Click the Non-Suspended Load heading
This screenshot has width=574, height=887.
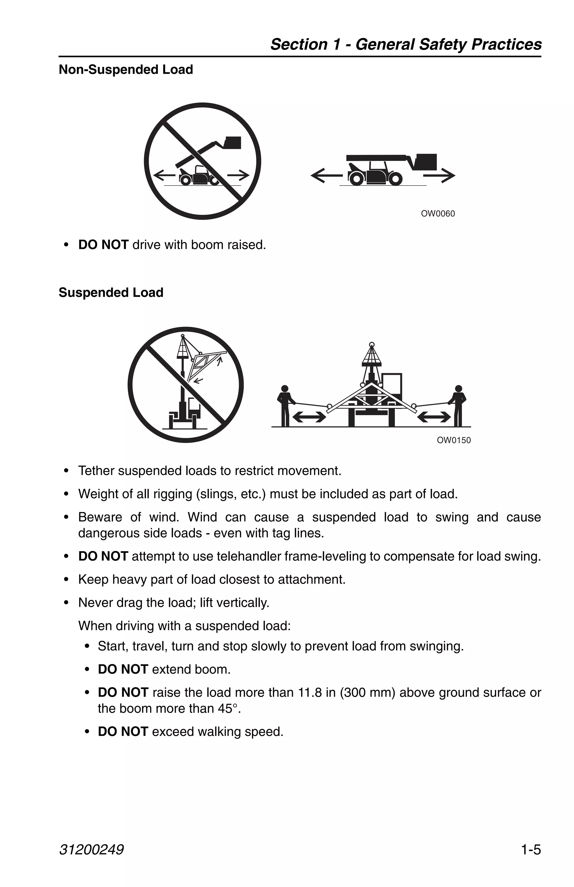point(126,70)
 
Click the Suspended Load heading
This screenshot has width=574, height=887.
point(111,293)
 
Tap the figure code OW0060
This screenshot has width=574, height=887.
point(438,214)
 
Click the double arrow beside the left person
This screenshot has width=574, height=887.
point(309,417)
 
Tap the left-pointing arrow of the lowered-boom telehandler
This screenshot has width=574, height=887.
point(326,175)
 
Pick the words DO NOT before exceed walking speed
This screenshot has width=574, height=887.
point(123,732)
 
